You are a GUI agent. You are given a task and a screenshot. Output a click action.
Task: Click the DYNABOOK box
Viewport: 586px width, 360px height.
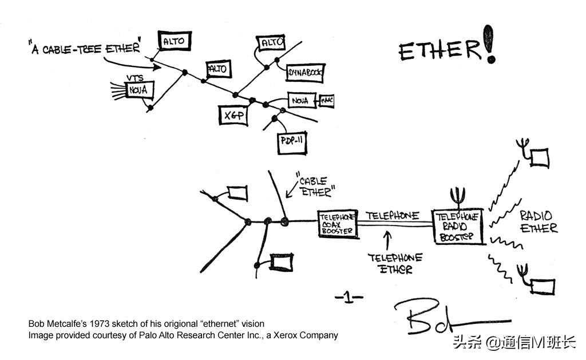click(x=304, y=72)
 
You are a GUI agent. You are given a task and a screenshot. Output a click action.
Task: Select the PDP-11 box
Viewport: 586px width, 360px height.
click(x=292, y=141)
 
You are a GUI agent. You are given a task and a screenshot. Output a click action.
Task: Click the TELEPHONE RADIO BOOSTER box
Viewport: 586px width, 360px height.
click(x=458, y=226)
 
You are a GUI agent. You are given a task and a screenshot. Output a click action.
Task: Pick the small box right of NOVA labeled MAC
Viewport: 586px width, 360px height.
click(x=327, y=101)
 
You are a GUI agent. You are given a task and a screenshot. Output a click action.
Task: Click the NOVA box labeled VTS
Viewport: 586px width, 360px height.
click(x=138, y=90)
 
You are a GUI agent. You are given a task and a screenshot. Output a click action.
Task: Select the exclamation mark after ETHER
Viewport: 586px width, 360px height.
click(x=489, y=44)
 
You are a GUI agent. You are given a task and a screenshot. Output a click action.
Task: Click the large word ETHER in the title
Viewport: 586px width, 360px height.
click(x=439, y=50)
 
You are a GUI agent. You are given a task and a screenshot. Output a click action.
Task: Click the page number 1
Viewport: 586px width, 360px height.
click(x=349, y=297)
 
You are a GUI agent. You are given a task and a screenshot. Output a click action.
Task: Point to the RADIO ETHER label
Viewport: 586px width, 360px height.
click(x=537, y=221)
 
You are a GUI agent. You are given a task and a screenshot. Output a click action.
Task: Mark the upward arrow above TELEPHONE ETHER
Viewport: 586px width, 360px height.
click(x=388, y=239)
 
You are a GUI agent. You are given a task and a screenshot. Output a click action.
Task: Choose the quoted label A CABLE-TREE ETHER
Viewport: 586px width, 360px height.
click(x=84, y=47)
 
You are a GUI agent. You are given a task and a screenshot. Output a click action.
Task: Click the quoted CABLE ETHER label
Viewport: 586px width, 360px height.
click(x=315, y=185)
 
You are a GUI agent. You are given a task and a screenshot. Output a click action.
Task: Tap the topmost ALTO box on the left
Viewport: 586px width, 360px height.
click(x=174, y=41)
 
